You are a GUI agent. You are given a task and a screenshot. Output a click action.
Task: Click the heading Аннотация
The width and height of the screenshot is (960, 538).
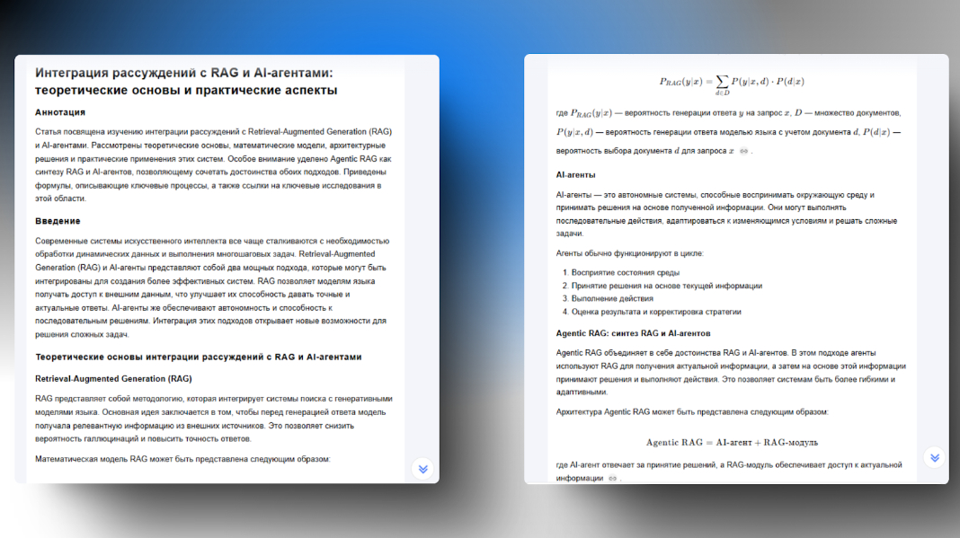tap(60, 112)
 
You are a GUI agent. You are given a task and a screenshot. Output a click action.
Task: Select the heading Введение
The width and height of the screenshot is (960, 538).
tap(58, 221)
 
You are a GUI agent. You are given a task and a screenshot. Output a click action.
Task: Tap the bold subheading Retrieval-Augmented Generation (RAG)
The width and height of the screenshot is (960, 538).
tap(113, 378)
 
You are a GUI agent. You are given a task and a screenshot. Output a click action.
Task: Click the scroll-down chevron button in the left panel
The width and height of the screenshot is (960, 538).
tap(422, 469)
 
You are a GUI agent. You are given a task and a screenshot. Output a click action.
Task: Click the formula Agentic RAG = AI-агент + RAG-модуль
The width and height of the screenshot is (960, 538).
tap(732, 443)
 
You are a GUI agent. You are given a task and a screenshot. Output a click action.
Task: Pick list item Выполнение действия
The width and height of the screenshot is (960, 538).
tap(612, 298)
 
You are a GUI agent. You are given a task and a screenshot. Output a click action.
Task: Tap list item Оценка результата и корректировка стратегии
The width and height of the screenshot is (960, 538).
tap(656, 312)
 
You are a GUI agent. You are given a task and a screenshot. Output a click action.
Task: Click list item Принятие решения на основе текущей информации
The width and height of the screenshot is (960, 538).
tap(666, 286)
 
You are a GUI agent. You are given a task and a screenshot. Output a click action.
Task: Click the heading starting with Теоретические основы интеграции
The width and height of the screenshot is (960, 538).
tap(198, 357)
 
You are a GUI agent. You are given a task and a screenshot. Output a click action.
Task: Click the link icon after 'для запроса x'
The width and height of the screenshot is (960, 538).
tap(743, 151)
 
